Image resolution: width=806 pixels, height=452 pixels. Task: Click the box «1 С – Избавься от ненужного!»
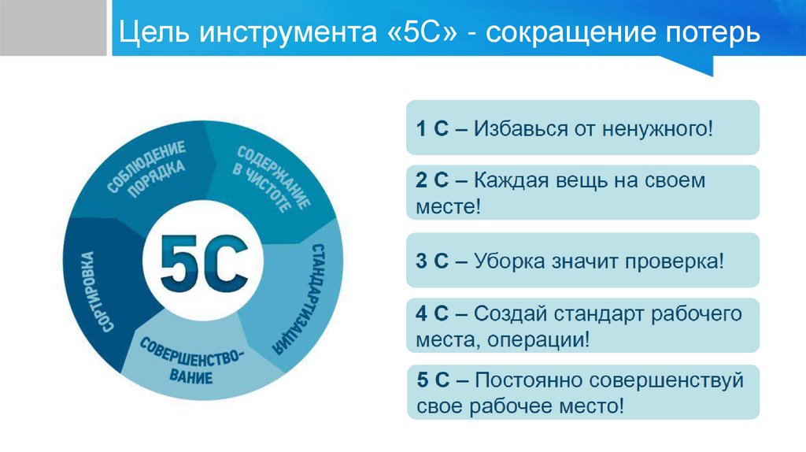click(582, 128)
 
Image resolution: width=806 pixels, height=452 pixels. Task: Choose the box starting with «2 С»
click(582, 193)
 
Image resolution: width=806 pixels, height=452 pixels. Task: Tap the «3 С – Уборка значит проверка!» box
click(582, 260)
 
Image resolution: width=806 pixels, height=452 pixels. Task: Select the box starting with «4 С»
click(582, 326)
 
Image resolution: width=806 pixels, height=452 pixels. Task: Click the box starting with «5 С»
click(582, 392)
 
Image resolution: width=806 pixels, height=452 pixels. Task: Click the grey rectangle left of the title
click(54, 28)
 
